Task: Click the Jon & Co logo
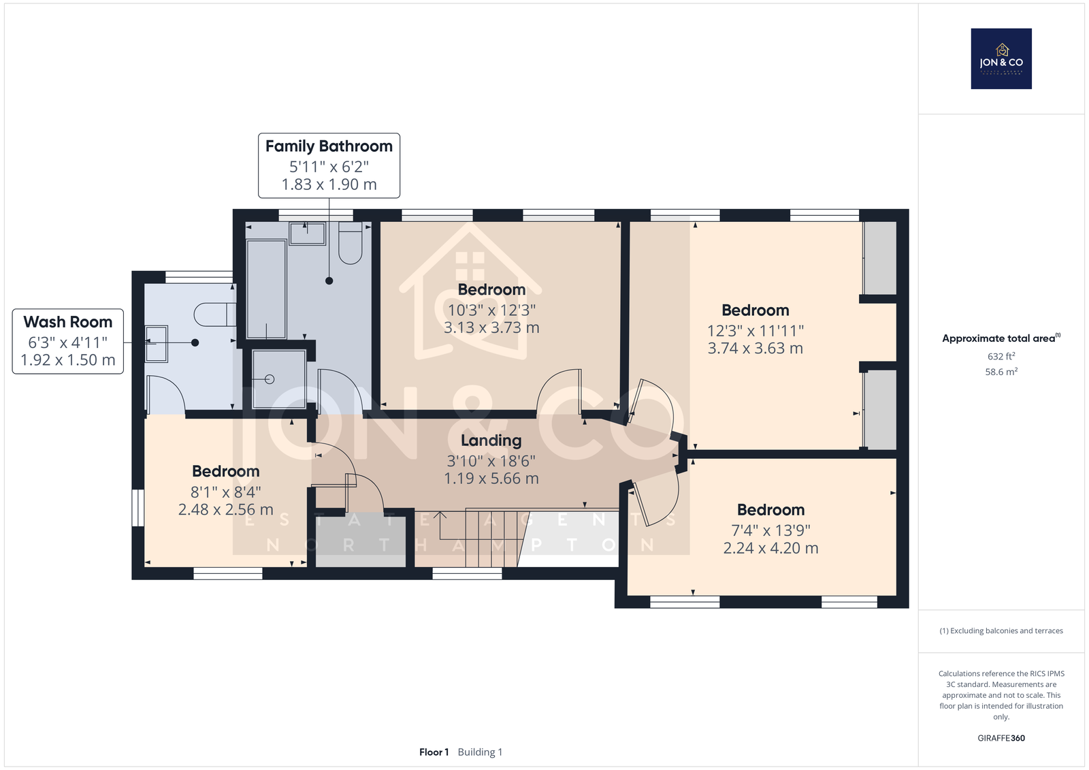click(x=1001, y=59)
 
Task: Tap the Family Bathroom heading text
click(x=329, y=146)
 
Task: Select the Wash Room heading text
click(x=68, y=322)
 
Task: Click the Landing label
click(x=491, y=440)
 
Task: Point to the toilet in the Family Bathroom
click(x=350, y=243)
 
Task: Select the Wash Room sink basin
click(x=156, y=344)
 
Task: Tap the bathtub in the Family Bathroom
click(x=266, y=289)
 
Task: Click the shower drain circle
click(x=270, y=379)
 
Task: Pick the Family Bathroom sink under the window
click(x=307, y=234)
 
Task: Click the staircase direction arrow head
click(x=440, y=515)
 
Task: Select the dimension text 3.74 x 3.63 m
click(x=755, y=349)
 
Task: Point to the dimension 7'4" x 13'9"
click(x=770, y=530)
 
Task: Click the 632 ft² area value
click(x=1001, y=356)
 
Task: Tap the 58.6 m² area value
click(x=1001, y=372)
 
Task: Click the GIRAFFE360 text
click(x=1001, y=738)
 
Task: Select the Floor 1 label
click(x=434, y=752)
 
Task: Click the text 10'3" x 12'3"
click(x=491, y=310)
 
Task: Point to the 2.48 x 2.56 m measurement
click(x=225, y=509)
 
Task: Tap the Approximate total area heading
click(x=1001, y=338)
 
